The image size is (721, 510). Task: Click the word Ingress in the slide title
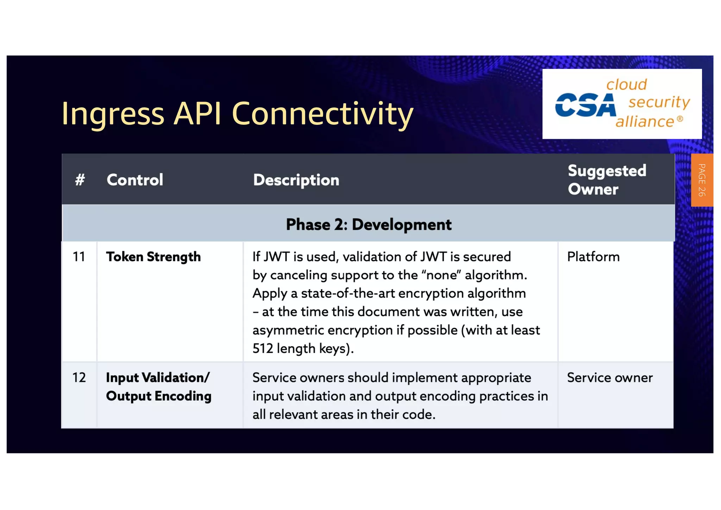tap(113, 113)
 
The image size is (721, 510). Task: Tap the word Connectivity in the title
tap(322, 113)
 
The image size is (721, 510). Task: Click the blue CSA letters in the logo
tap(585, 105)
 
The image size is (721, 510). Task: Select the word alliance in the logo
tap(645, 122)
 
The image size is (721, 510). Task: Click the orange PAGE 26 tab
tap(702, 180)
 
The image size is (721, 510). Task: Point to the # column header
tap(80, 180)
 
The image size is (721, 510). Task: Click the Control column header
tap(135, 180)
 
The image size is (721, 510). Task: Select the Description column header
tap(296, 180)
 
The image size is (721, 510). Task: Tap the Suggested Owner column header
tap(607, 180)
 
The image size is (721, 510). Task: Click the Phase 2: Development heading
tap(368, 225)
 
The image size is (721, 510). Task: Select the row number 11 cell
tap(79, 257)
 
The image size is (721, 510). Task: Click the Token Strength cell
tap(153, 257)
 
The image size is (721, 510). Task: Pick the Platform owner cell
tap(593, 257)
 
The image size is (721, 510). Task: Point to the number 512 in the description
tap(263, 349)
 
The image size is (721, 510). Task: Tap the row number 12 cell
tap(79, 378)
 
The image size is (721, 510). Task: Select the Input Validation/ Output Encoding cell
tap(158, 387)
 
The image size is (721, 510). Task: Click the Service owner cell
tap(610, 378)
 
